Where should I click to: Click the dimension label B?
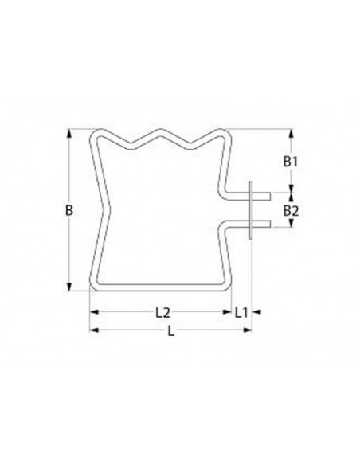click(69, 211)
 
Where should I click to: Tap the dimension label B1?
click(291, 162)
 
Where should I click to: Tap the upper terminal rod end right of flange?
click(266, 194)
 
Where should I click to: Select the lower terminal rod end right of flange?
click(266, 226)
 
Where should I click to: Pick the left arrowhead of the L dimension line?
click(92, 329)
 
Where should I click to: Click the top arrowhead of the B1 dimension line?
click(291, 134)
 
